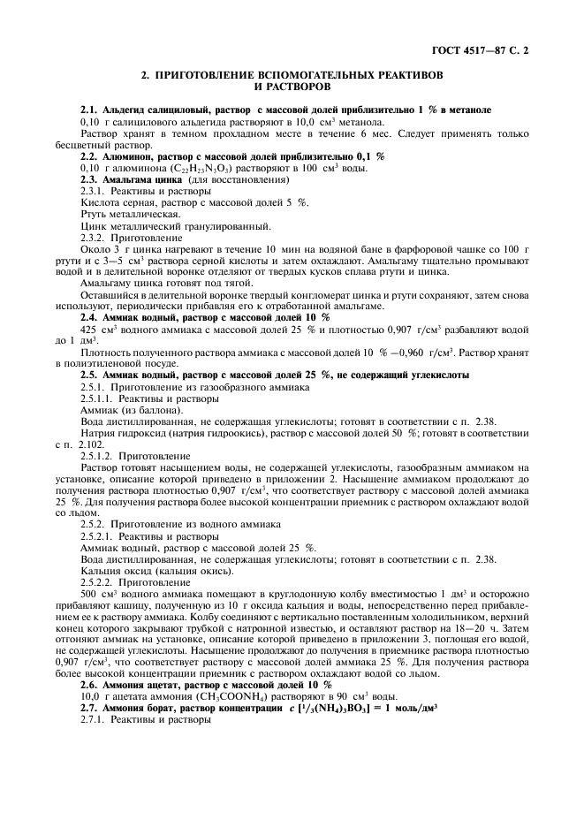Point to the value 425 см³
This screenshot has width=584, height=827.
tap(95, 329)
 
